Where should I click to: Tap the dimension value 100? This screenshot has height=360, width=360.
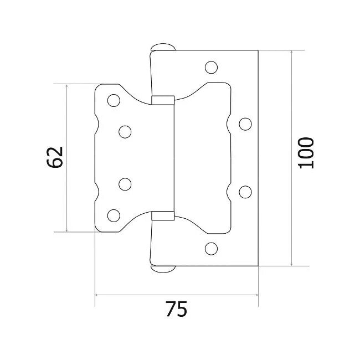(306, 153)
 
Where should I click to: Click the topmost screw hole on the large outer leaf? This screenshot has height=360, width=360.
(210, 68)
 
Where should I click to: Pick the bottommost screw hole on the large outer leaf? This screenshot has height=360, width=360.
(210, 248)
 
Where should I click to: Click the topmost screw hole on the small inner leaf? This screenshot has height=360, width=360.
(114, 100)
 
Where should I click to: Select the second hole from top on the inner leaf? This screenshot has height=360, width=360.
(125, 131)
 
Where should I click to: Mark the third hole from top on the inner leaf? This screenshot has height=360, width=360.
(125, 184)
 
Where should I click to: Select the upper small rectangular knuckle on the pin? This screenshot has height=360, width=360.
(163, 100)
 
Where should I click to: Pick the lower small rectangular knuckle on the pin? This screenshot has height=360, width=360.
(163, 215)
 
